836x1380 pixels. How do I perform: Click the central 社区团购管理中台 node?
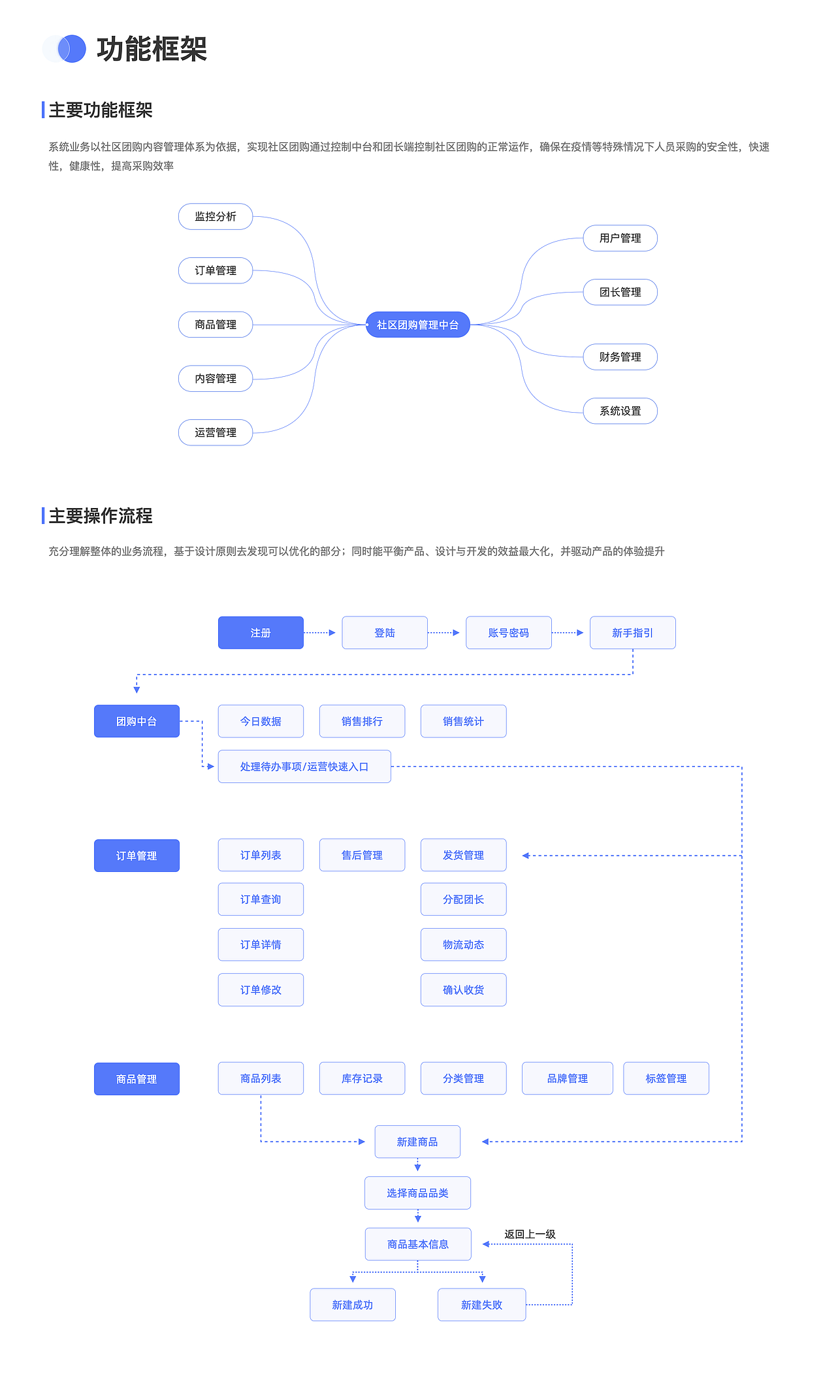point(417,325)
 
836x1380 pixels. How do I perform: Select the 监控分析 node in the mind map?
point(216,217)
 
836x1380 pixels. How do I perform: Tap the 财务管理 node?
point(620,357)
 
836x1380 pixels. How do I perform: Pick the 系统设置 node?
point(620,411)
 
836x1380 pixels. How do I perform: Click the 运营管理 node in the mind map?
point(216,432)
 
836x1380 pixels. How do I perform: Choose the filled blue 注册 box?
point(261,633)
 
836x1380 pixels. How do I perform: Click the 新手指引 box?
point(632,633)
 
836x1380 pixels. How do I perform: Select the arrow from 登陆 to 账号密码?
point(444,633)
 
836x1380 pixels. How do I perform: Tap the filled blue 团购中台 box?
point(137,721)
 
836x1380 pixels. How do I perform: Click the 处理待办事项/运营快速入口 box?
point(304,767)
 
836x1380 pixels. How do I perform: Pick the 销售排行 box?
point(362,721)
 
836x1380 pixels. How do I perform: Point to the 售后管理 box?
point(362,855)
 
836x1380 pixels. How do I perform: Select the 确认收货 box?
point(463,989)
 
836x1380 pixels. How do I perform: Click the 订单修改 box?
point(261,989)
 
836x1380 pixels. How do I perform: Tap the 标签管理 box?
point(666,1078)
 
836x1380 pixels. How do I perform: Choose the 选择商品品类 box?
point(417,1193)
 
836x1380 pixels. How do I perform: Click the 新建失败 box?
point(481,1305)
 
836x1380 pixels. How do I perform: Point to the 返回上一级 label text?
point(530,1234)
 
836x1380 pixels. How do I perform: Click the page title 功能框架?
point(152,50)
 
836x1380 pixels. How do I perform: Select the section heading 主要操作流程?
point(101,516)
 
